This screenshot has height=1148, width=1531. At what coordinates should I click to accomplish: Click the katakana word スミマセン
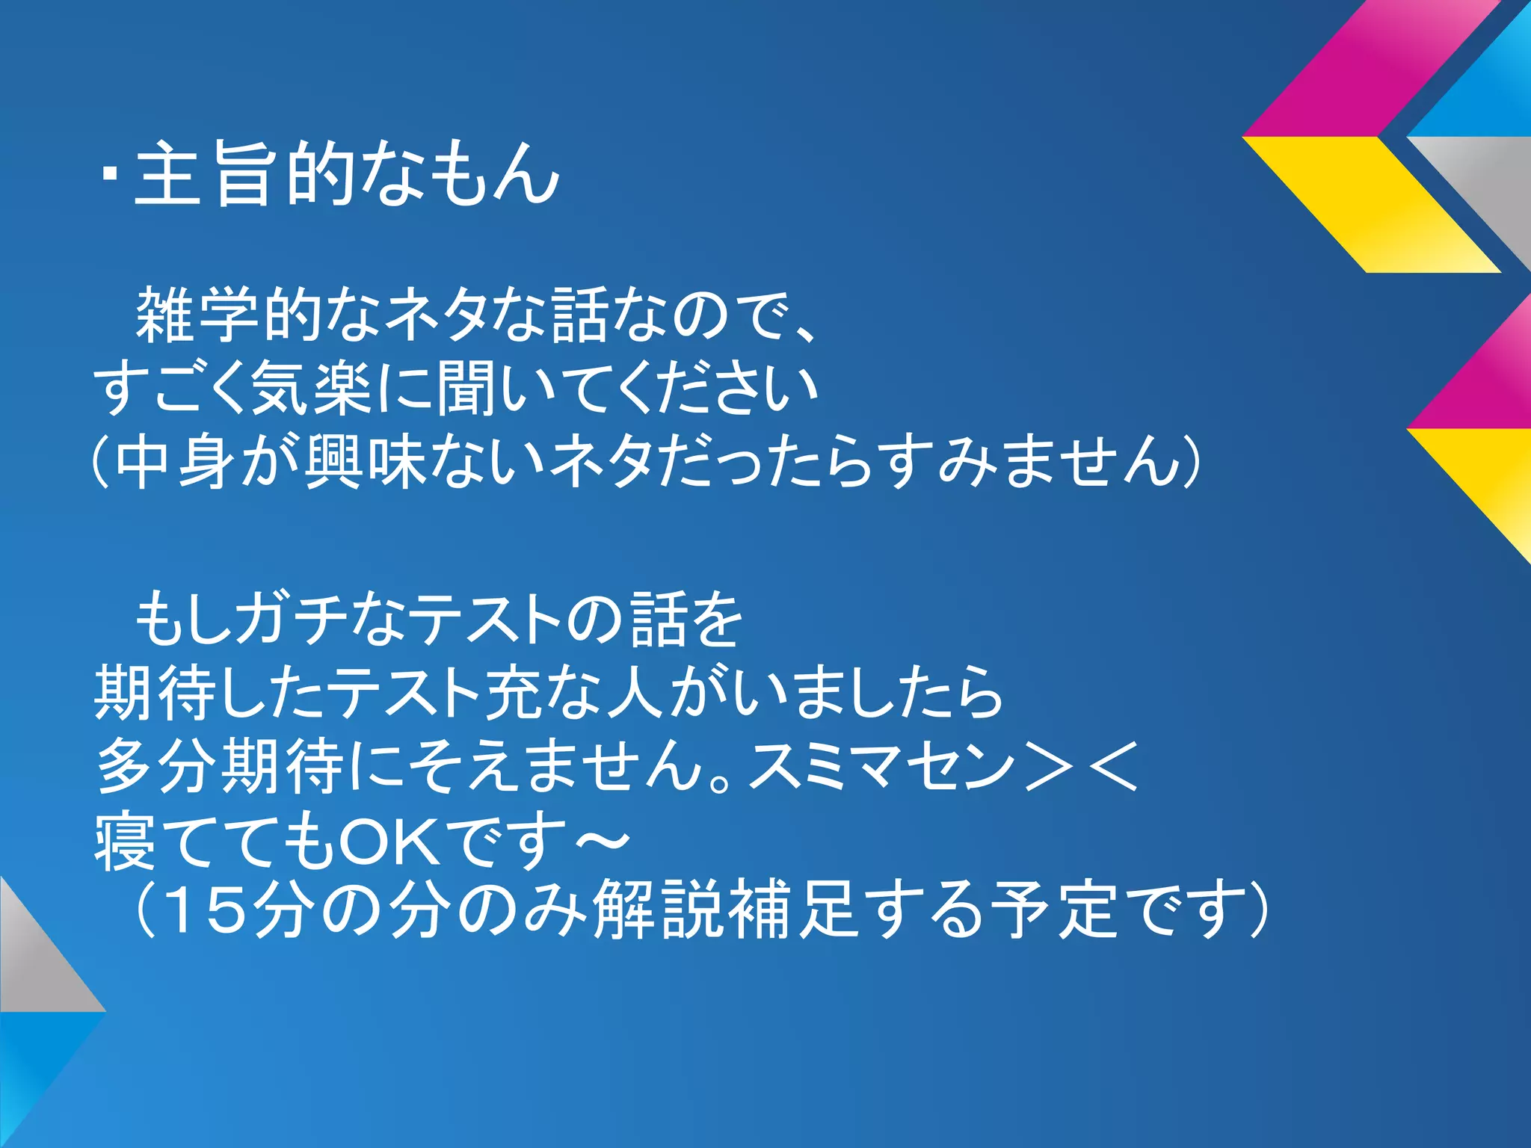point(882,765)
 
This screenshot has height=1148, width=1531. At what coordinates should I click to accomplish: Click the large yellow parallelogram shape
point(1372,204)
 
